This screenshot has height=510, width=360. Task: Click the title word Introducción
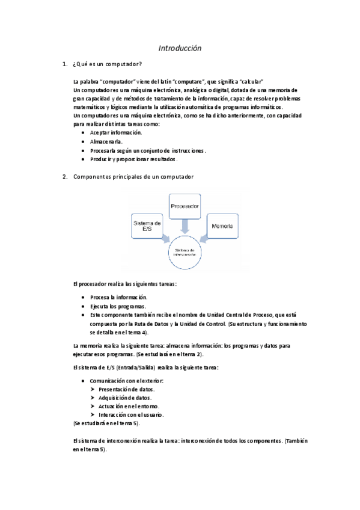(x=180, y=48)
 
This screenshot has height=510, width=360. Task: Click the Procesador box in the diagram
(x=185, y=206)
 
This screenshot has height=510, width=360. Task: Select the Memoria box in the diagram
(x=221, y=226)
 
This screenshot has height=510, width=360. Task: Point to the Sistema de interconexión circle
(x=186, y=252)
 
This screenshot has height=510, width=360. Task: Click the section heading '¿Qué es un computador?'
(x=107, y=64)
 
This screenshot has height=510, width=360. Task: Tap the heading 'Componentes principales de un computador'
(x=133, y=177)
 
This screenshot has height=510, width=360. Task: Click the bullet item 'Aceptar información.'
(x=115, y=132)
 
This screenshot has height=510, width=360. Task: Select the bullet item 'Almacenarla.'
(x=106, y=141)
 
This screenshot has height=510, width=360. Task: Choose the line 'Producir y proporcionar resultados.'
(x=133, y=159)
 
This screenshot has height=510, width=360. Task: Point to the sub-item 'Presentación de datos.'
(x=122, y=389)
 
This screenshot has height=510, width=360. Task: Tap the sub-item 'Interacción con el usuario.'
(x=131, y=415)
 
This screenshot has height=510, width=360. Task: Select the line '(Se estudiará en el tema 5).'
(x=106, y=423)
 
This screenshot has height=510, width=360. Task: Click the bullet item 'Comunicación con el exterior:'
(x=127, y=381)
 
